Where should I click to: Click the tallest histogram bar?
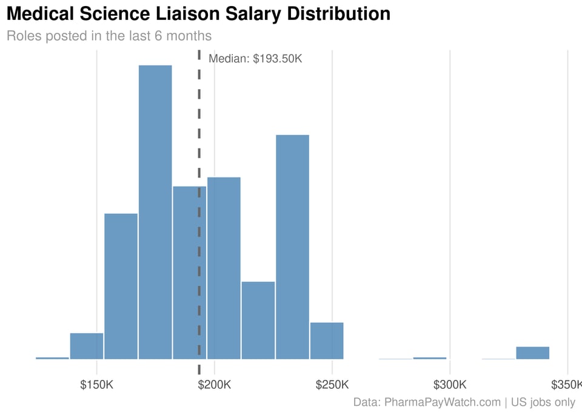(155, 212)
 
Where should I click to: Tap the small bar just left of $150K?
(87, 346)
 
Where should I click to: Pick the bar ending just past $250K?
(327, 340)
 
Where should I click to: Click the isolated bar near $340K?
(532, 353)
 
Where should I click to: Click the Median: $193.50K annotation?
(255, 59)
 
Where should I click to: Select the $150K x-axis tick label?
(97, 385)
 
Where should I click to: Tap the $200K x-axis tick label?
(215, 385)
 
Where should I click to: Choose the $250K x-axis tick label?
(332, 385)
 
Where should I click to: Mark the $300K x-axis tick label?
(450, 385)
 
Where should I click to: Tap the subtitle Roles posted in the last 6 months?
(109, 36)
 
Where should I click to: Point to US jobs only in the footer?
(543, 402)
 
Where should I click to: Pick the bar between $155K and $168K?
(121, 286)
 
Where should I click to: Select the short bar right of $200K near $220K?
(258, 320)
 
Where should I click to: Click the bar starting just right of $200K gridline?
(224, 268)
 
